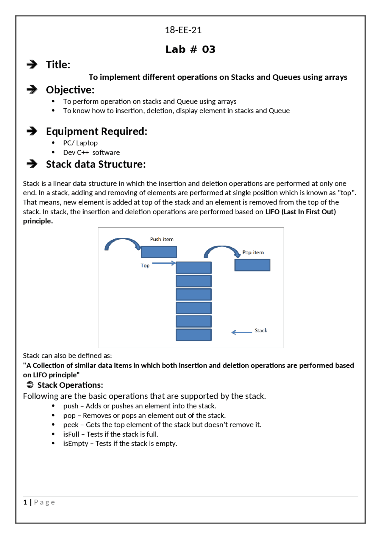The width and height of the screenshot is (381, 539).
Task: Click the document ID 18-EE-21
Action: click(183, 30)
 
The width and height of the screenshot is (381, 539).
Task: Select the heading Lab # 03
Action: click(190, 49)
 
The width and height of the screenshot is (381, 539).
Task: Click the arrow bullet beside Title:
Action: click(32, 64)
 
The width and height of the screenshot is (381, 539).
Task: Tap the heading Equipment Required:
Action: click(96, 131)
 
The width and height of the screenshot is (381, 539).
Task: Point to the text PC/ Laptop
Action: click(80, 143)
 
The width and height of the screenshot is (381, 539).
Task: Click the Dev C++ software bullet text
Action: click(91, 152)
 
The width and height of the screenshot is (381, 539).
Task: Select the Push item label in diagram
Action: click(162, 239)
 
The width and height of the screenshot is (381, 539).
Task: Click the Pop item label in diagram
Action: click(253, 252)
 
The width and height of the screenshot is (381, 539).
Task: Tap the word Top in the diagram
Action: click(145, 265)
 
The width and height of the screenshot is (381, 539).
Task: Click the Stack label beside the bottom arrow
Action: click(261, 330)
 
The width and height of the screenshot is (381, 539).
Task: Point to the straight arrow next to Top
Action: click(164, 263)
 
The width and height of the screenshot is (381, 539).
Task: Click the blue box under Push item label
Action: click(159, 252)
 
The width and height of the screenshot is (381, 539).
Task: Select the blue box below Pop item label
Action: click(252, 265)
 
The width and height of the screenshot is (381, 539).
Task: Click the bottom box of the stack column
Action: click(193, 335)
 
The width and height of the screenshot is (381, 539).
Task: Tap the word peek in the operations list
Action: click(71, 425)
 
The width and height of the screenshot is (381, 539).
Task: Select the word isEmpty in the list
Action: click(76, 443)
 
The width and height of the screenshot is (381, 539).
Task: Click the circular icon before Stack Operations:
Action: click(30, 385)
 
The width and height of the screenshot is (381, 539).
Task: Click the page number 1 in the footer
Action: click(25, 502)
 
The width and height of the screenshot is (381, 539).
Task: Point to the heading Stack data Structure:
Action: click(96, 164)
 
